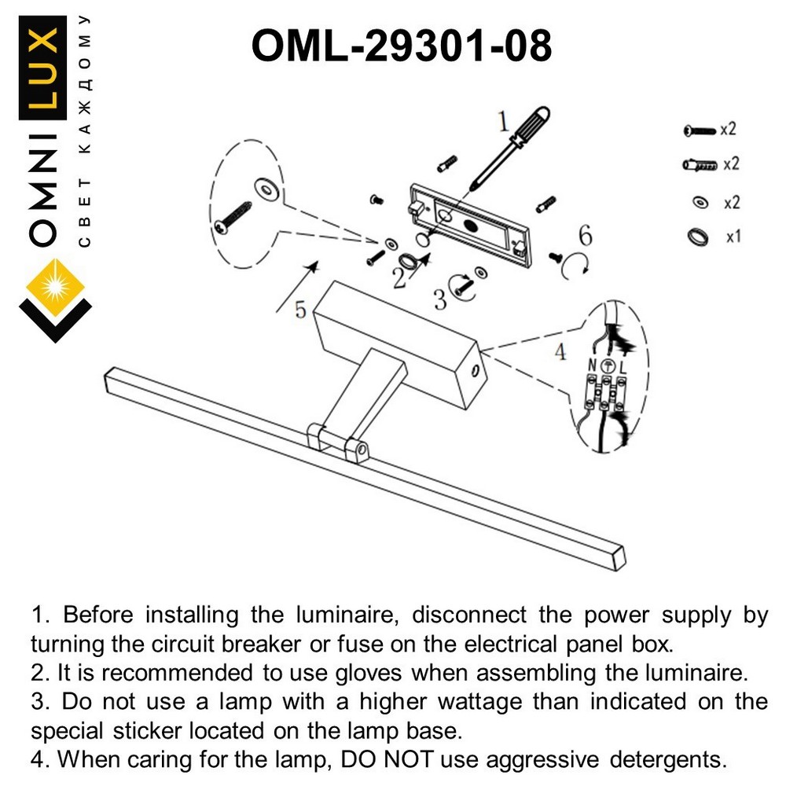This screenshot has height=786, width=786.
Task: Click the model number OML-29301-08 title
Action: coord(401,46)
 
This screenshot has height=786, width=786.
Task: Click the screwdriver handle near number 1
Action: coord(523,129)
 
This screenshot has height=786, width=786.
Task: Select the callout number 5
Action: coord(300,310)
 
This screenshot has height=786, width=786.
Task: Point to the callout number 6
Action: coord(584,235)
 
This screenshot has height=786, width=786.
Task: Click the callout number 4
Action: coord(560,352)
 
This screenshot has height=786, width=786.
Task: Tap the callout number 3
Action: coord(440,298)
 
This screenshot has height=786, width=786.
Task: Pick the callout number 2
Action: coord(399,277)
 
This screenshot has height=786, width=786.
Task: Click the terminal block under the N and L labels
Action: coord(604,393)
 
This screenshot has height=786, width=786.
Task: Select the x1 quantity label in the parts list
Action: coord(733,236)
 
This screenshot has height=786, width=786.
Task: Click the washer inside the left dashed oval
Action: coord(266,187)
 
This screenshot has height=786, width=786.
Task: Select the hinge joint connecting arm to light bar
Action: coord(338,439)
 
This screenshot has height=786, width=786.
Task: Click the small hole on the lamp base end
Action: coord(474,369)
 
